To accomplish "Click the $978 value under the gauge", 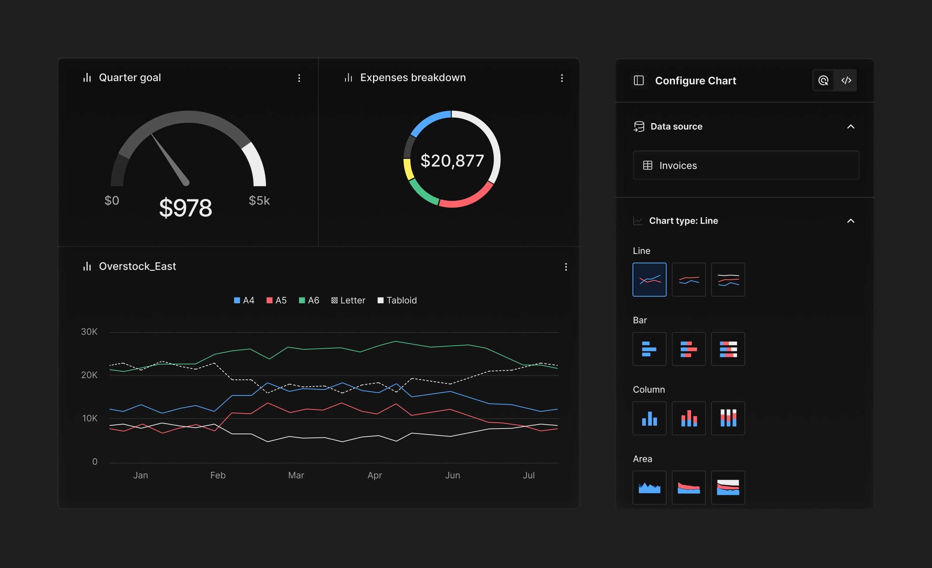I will (x=185, y=208).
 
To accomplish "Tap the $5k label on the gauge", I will (x=259, y=201).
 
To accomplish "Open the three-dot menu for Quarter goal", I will (x=299, y=78).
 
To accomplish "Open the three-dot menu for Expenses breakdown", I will (x=562, y=78).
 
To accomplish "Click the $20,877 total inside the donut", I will (x=452, y=161).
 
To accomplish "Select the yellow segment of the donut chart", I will (x=408, y=169).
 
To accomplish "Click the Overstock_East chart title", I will (x=137, y=266).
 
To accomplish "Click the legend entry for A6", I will (x=309, y=300).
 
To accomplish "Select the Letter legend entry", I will (x=348, y=300).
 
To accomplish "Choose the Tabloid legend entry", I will (x=397, y=300).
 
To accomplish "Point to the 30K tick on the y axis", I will (x=89, y=332).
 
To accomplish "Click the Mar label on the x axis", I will (x=296, y=475).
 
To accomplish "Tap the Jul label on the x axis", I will (x=528, y=475).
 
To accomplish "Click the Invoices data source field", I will (x=746, y=165).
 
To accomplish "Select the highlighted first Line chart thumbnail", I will (x=649, y=280).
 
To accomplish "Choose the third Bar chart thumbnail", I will (x=728, y=349).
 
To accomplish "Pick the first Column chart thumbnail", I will (x=649, y=418).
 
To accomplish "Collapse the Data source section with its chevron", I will (x=850, y=127).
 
